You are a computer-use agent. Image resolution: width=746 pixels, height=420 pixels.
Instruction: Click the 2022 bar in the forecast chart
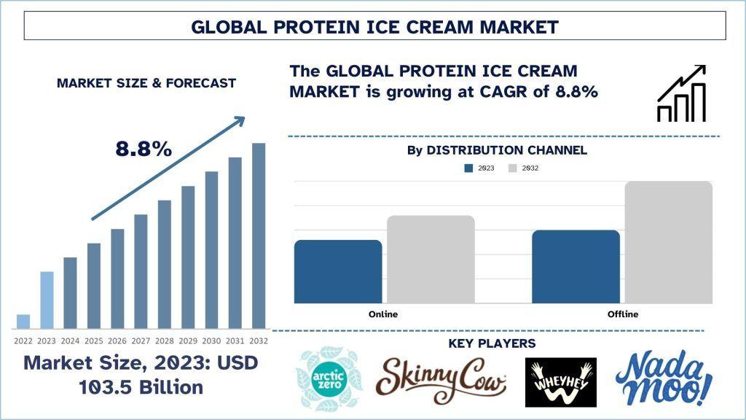pyautogui.click(x=23, y=322)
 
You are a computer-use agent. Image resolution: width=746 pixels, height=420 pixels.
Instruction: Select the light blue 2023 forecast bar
pyautogui.click(x=47, y=300)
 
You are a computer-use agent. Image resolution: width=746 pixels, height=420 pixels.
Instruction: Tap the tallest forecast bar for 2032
pyautogui.click(x=259, y=236)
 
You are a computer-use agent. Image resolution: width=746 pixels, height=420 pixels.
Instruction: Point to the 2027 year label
pyautogui.click(x=141, y=341)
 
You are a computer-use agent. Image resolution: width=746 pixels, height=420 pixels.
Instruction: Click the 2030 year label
pyautogui.click(x=211, y=341)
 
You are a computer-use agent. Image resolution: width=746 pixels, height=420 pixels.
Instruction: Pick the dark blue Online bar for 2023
pyautogui.click(x=338, y=271)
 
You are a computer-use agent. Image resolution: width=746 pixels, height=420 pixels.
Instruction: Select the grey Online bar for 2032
pyautogui.click(x=431, y=260)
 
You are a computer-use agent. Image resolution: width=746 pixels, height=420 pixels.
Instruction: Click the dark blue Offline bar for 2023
pyautogui.click(x=576, y=267)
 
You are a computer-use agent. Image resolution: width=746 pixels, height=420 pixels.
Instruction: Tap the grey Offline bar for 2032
pyautogui.click(x=669, y=242)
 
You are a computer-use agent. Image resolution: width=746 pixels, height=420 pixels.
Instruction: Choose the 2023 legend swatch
pyautogui.click(x=468, y=168)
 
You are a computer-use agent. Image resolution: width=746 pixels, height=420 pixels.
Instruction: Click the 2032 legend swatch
pyautogui.click(x=512, y=168)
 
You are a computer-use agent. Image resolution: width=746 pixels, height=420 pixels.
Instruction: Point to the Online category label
pyautogui.click(x=383, y=314)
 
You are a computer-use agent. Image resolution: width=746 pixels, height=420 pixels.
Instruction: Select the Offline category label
pyautogui.click(x=623, y=314)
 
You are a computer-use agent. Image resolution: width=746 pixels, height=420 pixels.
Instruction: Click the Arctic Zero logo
pyautogui.click(x=329, y=379)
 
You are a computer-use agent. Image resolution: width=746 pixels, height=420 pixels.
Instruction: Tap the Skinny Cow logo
pyautogui.click(x=441, y=381)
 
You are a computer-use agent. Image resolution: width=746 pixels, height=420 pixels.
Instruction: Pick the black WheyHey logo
pyautogui.click(x=560, y=382)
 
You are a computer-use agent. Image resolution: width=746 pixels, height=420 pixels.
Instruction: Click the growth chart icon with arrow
pyautogui.click(x=681, y=93)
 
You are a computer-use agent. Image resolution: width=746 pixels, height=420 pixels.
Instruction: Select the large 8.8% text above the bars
pyautogui.click(x=144, y=149)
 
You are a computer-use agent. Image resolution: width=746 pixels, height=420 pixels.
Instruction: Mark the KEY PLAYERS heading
pyautogui.click(x=492, y=343)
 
